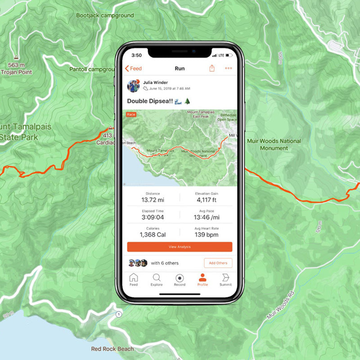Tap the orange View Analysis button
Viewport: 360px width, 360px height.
pos(180,247)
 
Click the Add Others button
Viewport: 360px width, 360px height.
pos(218,263)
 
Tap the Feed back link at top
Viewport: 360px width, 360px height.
pos(133,68)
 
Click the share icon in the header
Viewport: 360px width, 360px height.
pos(212,68)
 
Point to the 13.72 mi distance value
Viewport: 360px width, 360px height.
pos(153,200)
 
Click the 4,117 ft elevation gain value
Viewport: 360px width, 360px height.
pos(207,200)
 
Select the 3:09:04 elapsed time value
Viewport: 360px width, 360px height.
pos(153,217)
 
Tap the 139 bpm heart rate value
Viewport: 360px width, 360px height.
pos(207,234)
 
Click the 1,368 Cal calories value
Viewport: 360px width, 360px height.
pos(153,234)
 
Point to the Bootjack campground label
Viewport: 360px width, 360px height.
pos(105,15)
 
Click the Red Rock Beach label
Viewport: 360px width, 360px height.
pos(112,349)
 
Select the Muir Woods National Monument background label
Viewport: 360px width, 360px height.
pos(274,144)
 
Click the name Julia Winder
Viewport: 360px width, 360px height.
pos(155,83)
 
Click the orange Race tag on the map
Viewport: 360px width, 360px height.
pos(131,115)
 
